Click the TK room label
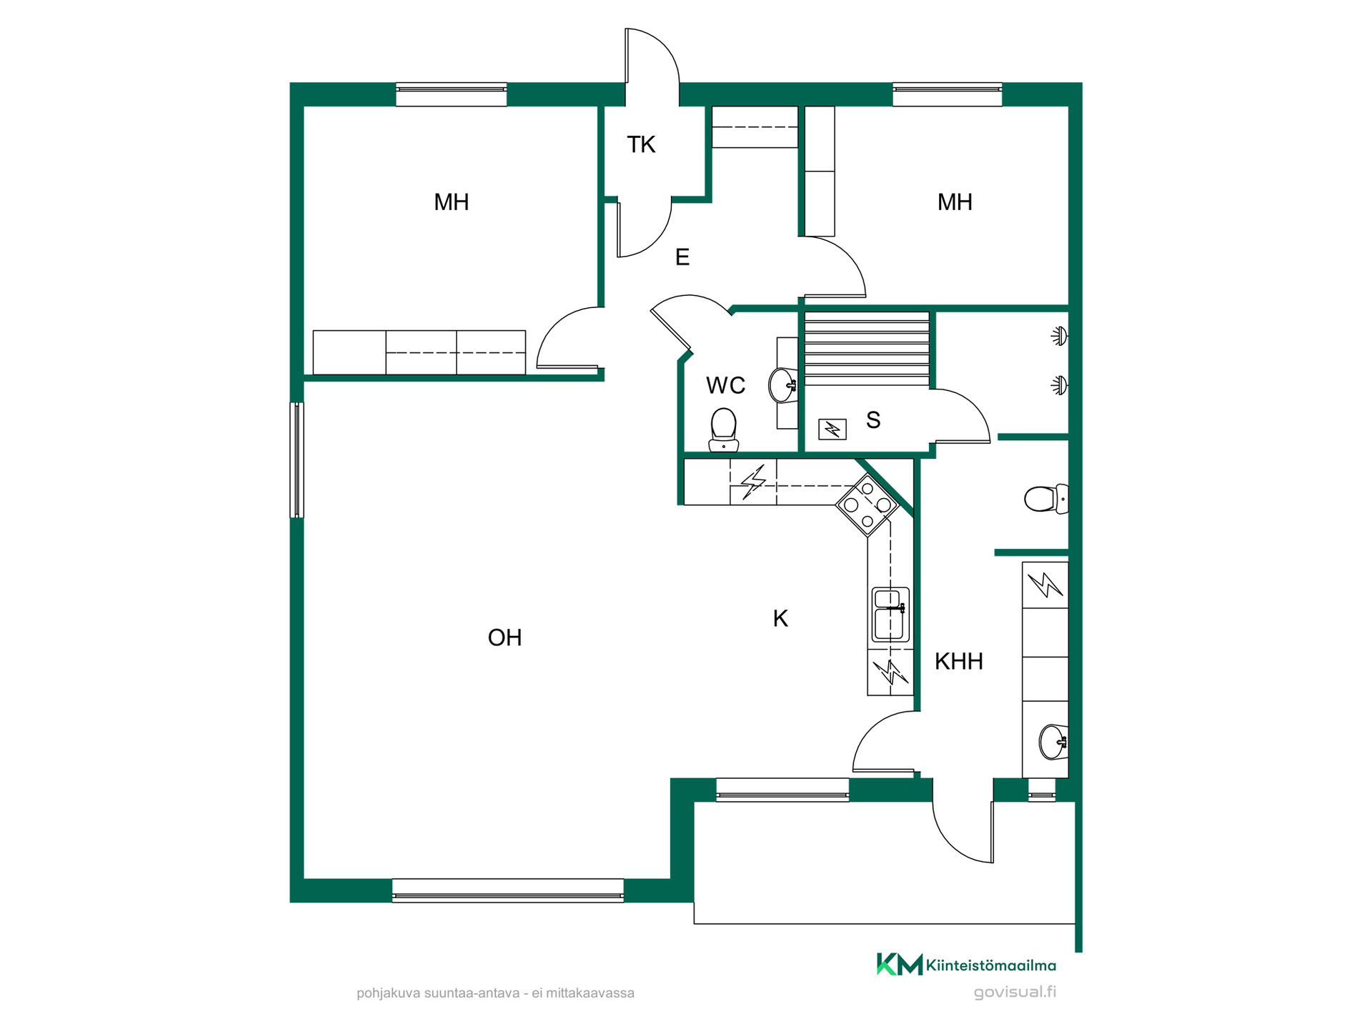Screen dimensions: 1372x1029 (x=641, y=144)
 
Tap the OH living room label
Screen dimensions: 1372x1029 (x=504, y=637)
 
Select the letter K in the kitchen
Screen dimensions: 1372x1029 (x=780, y=618)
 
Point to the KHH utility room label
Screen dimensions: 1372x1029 (x=959, y=662)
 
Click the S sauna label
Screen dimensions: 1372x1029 (x=873, y=420)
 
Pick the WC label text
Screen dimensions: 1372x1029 (x=725, y=386)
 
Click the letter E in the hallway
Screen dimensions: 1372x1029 (x=682, y=257)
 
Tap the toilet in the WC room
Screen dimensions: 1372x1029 (x=724, y=430)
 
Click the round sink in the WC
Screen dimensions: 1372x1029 (x=783, y=385)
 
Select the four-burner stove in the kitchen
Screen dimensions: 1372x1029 (x=868, y=505)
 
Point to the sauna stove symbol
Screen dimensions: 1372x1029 (x=832, y=429)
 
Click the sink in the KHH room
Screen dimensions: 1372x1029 (x=1053, y=742)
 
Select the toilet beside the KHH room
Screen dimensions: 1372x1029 (x=1046, y=499)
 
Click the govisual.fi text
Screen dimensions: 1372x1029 (x=1015, y=992)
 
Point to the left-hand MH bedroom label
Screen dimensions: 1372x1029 (x=452, y=202)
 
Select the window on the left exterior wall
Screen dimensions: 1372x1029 (x=297, y=459)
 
